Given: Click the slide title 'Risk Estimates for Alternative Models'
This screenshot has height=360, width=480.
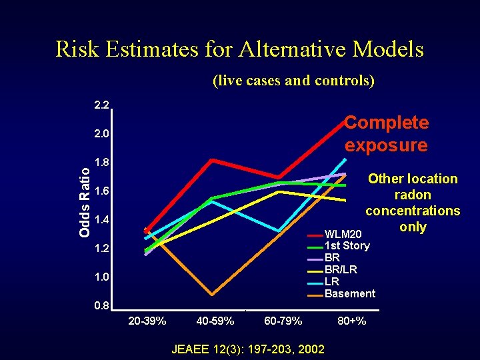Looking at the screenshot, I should coord(239,49).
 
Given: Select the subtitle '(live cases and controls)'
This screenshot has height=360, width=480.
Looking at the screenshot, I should coord(293,81).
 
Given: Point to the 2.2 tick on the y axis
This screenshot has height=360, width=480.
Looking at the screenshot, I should coord(102,105).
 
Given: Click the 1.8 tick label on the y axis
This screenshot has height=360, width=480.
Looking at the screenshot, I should coord(102,163).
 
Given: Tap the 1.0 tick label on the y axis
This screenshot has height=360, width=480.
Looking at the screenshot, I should coord(102,277).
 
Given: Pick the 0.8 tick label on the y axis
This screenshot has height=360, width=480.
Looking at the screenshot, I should coord(102,306).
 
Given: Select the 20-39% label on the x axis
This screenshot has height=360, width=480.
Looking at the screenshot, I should coord(147,321).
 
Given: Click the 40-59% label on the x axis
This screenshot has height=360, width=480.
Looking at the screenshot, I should coord(215,321).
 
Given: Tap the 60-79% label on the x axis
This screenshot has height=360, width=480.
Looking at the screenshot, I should coord(283,321).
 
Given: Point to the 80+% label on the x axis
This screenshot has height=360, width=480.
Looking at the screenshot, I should coord(351,321).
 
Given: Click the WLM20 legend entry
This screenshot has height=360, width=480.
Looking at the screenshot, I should coord(343,235).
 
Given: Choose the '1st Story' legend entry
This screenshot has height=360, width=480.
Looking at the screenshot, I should coord(346,246).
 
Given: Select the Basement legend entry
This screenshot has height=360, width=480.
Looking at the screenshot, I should coord(349,293).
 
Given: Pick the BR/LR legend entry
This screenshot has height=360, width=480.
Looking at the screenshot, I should coord(340,270).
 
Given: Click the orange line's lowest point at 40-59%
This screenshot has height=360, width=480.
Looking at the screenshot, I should coord(212,294).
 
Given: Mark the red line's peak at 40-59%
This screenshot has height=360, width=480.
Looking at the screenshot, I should coord(211,160).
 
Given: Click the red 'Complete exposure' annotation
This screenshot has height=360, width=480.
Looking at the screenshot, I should coord(386,133).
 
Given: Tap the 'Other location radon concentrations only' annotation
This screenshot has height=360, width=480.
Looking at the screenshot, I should coord(413,203).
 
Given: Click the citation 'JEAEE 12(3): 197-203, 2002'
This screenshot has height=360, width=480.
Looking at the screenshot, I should coord(248,349).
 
